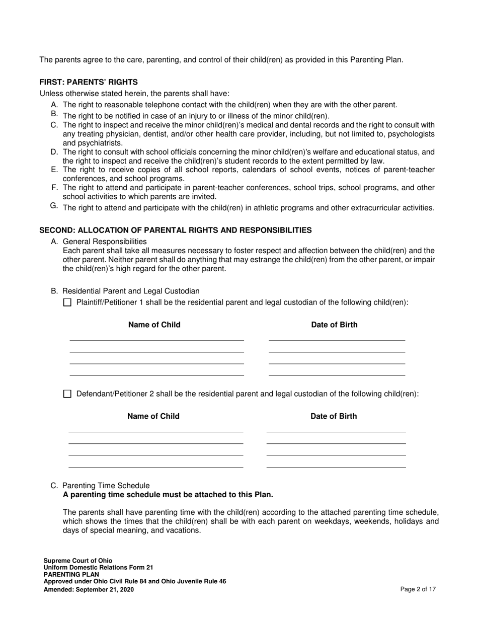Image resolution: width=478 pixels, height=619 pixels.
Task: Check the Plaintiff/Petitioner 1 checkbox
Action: pos(67,302)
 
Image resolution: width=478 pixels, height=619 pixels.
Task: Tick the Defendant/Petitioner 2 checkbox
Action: pos(67,394)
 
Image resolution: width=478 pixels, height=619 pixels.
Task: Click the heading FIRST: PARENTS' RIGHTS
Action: pos(89,82)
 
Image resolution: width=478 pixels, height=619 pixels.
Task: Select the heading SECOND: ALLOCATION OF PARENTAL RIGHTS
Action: pos(176,230)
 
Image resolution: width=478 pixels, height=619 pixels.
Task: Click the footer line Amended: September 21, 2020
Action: pos(89,589)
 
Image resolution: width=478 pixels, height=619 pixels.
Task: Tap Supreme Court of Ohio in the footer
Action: pos(78,561)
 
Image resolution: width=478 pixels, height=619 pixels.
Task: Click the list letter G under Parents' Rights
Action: pos(54,205)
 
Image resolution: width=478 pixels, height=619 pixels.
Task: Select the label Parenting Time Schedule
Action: pos(106,486)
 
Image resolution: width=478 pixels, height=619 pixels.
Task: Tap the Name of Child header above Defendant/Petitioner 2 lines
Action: pos(153,416)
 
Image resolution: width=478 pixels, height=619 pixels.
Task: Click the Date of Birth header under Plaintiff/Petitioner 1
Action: pos(335,325)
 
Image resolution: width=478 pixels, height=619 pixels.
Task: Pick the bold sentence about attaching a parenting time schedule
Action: pos(168,495)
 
